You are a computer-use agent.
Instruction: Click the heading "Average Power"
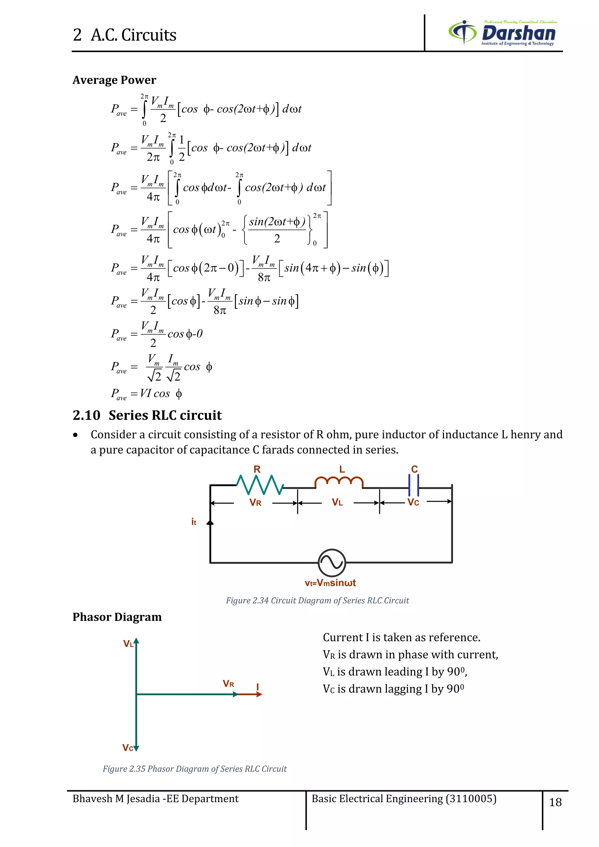(114, 80)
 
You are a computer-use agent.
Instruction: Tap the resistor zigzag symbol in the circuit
(260, 485)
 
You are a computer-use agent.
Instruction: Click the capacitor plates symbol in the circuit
(414, 486)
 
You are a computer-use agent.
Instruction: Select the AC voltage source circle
(332, 563)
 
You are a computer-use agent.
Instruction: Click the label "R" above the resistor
(257, 469)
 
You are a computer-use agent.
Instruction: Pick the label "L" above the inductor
(342, 469)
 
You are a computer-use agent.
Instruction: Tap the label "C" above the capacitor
(414, 469)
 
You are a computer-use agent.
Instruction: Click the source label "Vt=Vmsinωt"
(330, 583)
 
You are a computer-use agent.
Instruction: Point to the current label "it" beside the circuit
(194, 522)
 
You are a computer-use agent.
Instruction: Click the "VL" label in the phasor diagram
(128, 644)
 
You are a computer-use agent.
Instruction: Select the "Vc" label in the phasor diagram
(128, 748)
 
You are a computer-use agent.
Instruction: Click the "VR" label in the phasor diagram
(228, 684)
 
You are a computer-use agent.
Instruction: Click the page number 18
(555, 802)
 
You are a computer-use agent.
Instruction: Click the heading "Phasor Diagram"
(117, 617)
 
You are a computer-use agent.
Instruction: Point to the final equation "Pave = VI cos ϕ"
(147, 394)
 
